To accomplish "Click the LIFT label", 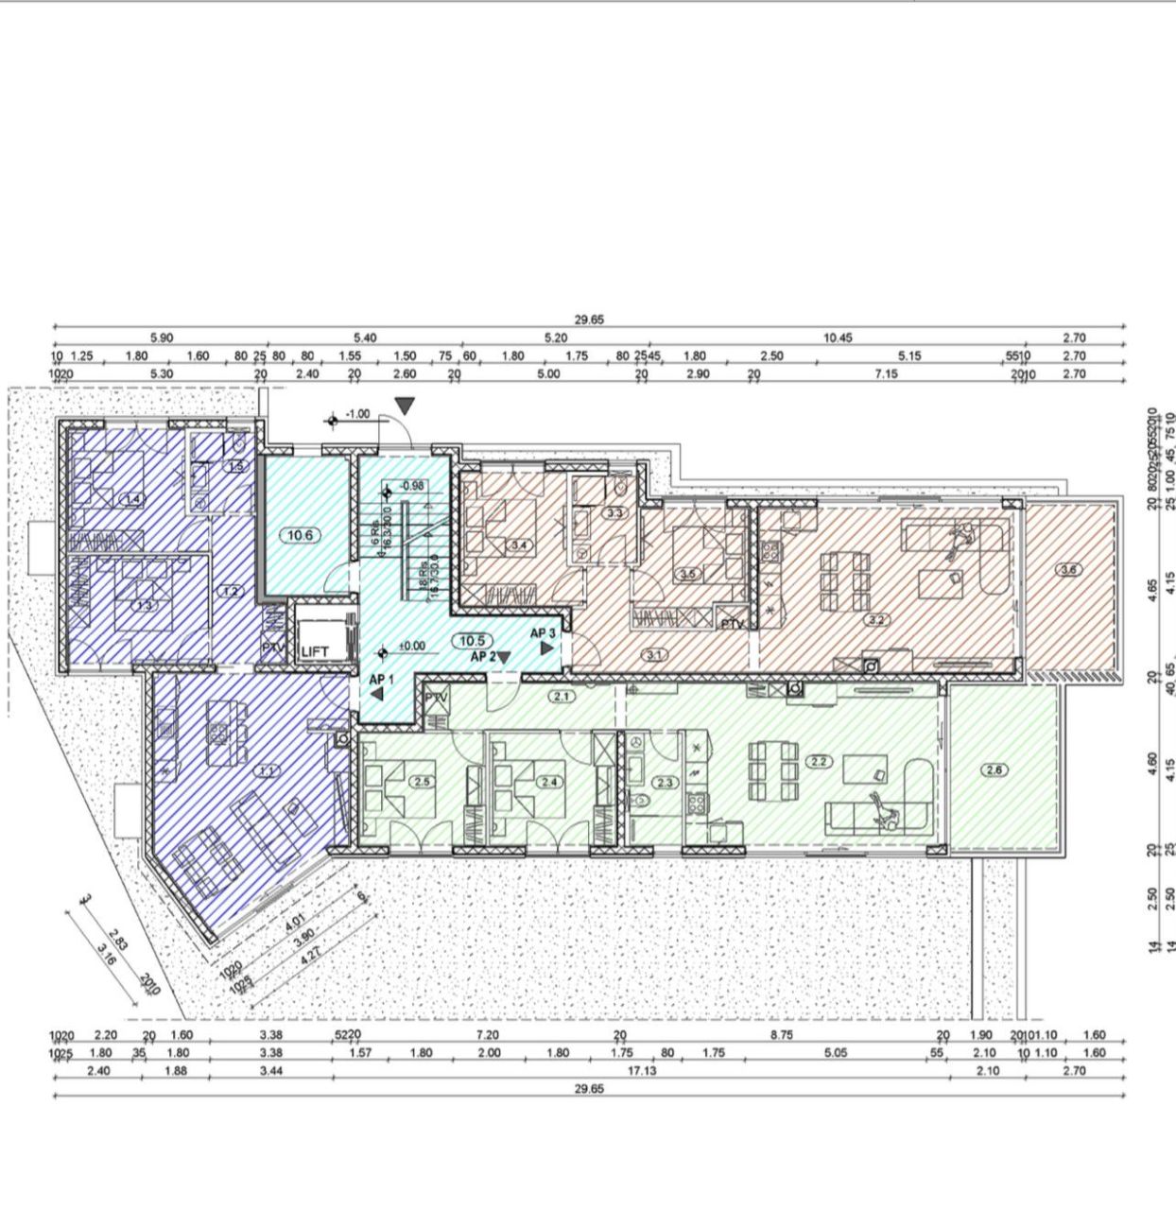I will (x=315, y=651).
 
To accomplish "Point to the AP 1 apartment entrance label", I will (x=381, y=679).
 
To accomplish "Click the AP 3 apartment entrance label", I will (x=543, y=633).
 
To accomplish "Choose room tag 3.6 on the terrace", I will (x=1069, y=569).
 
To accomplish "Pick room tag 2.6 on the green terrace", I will (x=994, y=769).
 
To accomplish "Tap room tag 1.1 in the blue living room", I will (x=267, y=770).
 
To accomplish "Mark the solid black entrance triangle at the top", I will (x=406, y=406).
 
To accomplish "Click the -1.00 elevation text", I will (x=358, y=414).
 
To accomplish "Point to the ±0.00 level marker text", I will (x=413, y=647).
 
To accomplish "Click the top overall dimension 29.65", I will (x=589, y=320).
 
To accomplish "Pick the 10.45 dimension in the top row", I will (x=838, y=337).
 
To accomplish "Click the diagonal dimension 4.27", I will (x=307, y=958).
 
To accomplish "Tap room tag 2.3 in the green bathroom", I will (x=665, y=782).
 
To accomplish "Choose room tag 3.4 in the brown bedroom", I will (x=519, y=545).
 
